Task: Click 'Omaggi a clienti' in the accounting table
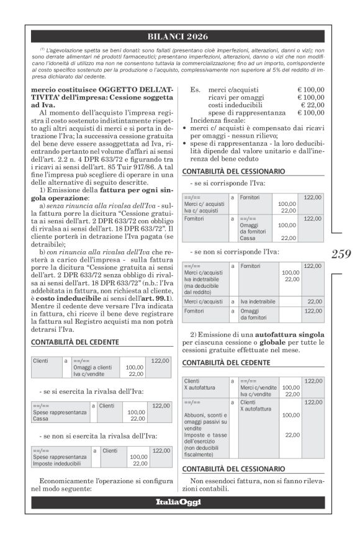coord(92,367)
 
